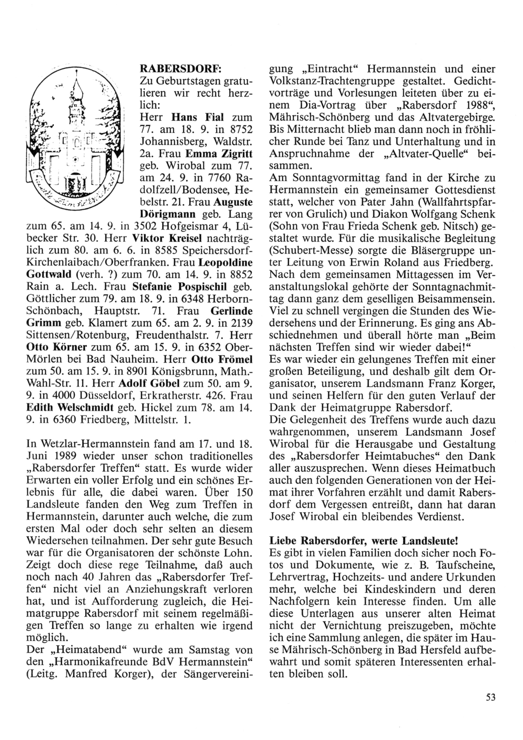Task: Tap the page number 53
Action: tap(490, 696)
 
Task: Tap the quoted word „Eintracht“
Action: tap(328, 69)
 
